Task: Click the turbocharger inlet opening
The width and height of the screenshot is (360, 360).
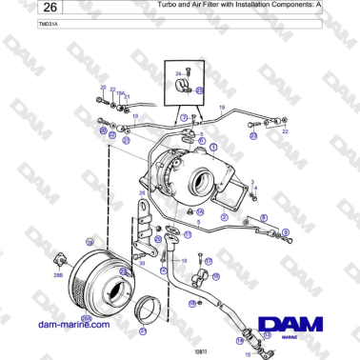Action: pos(201,180)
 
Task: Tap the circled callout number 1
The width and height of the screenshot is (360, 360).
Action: pos(213,148)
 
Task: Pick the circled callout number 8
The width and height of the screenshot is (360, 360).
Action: pos(286,232)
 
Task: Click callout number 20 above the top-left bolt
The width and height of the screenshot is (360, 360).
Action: pos(102,88)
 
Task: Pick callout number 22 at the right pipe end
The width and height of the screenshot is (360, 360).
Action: pos(286,132)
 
